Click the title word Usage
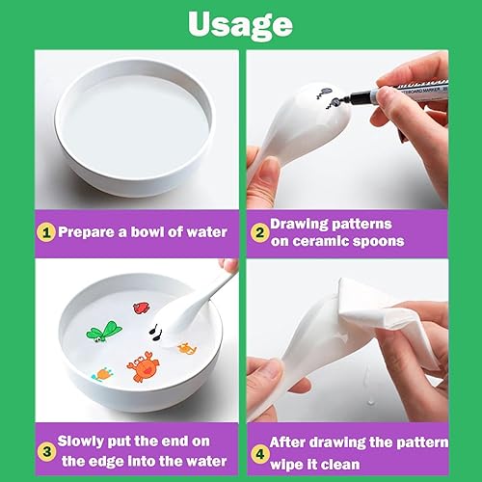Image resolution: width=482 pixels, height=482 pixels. click(240, 25)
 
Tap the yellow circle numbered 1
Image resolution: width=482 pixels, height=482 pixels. click(46, 232)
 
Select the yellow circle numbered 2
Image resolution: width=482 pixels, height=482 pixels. click(259, 232)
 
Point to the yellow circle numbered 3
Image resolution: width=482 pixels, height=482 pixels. click(47, 452)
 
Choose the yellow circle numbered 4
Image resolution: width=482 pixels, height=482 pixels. click(259, 454)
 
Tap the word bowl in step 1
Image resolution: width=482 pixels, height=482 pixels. click(147, 231)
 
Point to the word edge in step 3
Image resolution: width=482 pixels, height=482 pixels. click(106, 462)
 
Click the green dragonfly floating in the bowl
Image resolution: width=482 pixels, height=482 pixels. click(103, 332)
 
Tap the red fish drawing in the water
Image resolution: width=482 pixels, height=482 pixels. click(142, 308)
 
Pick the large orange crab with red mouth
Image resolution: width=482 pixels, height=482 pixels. click(144, 366)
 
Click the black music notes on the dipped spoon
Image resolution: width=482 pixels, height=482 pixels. click(156, 332)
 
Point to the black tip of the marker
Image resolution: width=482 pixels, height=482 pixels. click(346, 99)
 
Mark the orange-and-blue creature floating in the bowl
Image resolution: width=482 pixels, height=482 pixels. click(103, 374)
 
